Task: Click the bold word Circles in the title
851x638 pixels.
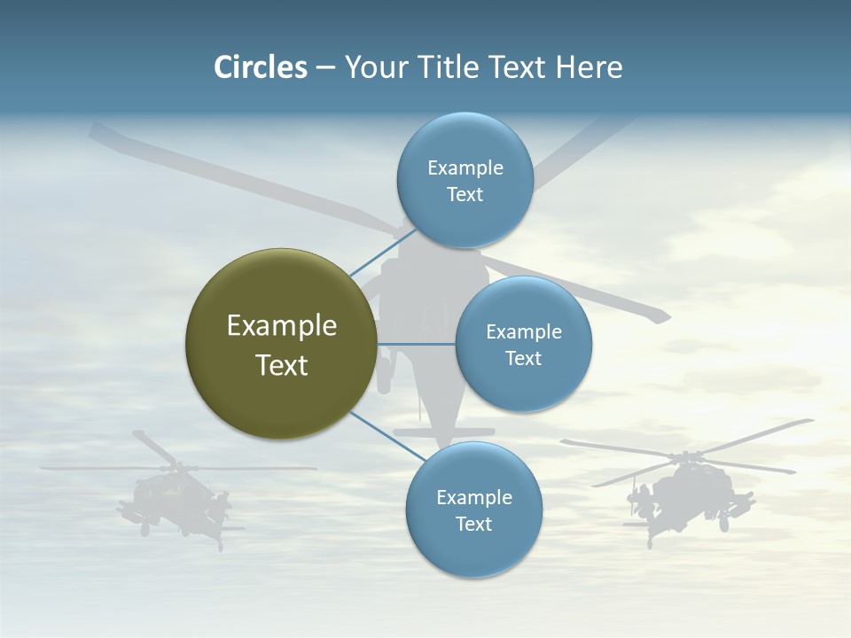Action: point(260,67)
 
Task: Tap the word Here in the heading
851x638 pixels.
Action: point(589,67)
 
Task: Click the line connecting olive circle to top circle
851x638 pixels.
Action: point(383,252)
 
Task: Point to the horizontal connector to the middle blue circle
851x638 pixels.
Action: point(416,344)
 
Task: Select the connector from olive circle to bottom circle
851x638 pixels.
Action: point(386,436)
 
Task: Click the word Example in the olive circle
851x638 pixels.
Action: point(282,325)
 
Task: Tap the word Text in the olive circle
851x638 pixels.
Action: point(282,365)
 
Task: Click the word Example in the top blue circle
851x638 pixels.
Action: point(465,167)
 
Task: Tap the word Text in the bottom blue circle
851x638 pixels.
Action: point(473,524)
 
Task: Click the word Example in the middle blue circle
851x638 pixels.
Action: point(524,331)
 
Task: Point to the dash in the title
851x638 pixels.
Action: point(325,68)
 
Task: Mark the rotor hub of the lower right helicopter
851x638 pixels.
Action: point(684,457)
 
